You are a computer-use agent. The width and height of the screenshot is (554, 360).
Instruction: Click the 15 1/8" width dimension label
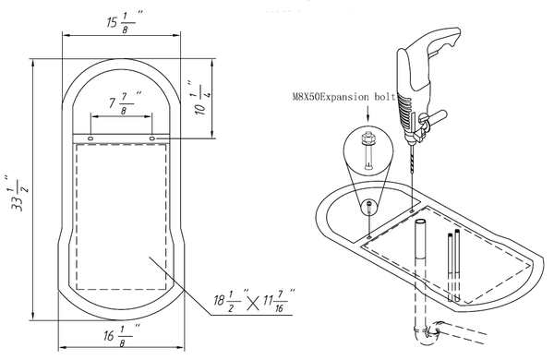point(125,22)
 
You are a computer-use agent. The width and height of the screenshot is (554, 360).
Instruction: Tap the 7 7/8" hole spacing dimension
point(125,102)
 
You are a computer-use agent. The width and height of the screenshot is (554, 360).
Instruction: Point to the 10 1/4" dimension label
point(202,98)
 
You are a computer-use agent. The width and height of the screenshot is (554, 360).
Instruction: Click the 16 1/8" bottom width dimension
point(121,334)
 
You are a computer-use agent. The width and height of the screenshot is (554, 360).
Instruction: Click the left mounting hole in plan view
point(90,138)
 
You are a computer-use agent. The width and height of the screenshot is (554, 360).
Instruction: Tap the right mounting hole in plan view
point(152,138)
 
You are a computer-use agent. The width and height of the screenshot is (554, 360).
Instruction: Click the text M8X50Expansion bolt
point(343,96)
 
